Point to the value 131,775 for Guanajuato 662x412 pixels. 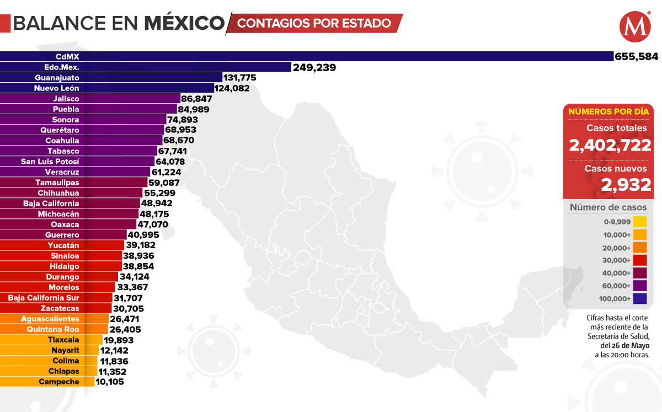tap(239, 78)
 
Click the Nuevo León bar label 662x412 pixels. tap(56, 88)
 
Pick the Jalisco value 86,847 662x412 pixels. tap(196, 99)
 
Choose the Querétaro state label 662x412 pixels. tap(60, 130)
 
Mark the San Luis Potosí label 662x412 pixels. tap(50, 162)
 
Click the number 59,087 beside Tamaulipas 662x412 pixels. tap(164, 183)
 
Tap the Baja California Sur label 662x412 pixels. tap(44, 298)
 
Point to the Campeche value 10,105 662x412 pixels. tap(110, 382)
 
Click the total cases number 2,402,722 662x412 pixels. tap(610, 146)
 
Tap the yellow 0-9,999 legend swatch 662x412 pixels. tap(640, 222)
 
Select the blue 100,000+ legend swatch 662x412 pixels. tap(640, 299)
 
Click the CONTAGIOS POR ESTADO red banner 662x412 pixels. tap(314, 23)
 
